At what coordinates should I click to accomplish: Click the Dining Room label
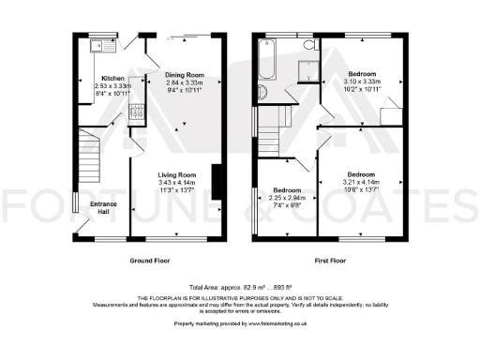[x=185, y=75]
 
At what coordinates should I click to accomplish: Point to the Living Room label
[x=175, y=174]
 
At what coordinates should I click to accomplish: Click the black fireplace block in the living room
[x=217, y=181]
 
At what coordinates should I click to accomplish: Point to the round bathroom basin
[x=262, y=92]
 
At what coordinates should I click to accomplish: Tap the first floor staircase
[x=278, y=122]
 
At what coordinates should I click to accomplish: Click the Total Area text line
[x=239, y=286]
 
